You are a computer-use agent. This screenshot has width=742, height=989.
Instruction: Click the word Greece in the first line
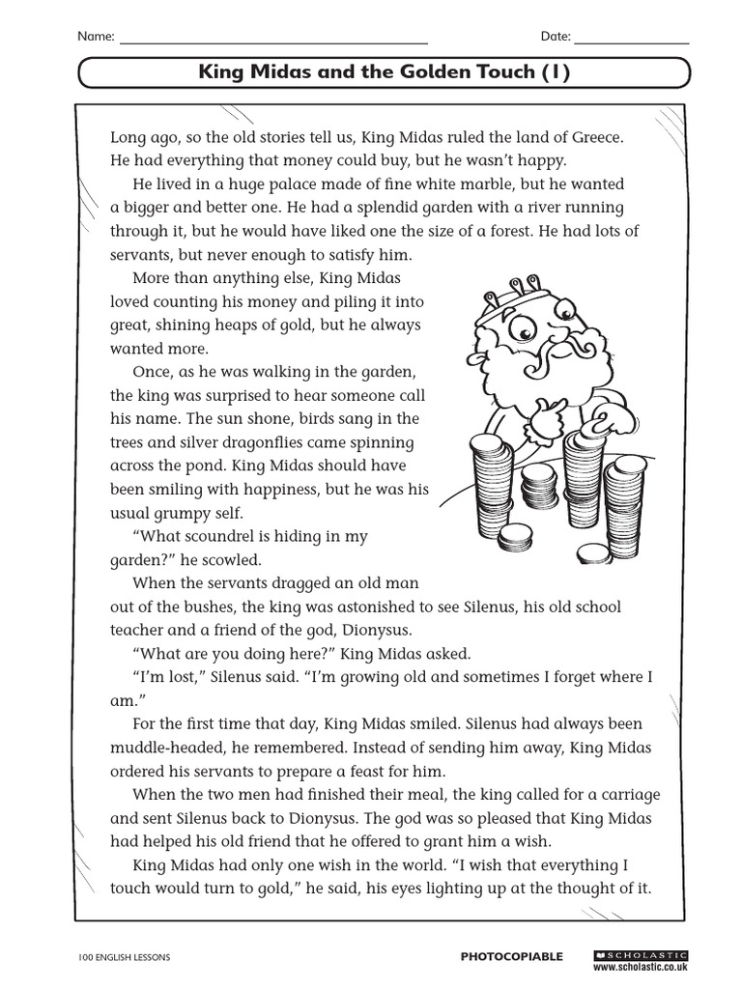pos(597,137)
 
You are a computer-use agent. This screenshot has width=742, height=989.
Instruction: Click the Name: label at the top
pos(96,37)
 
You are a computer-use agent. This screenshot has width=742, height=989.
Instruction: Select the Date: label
pos(556,37)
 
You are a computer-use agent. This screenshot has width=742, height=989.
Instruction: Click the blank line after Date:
pos(632,39)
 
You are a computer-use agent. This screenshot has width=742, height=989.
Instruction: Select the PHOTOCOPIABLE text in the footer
pos(511,956)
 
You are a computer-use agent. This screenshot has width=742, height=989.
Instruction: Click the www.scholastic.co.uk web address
pos(639,965)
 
